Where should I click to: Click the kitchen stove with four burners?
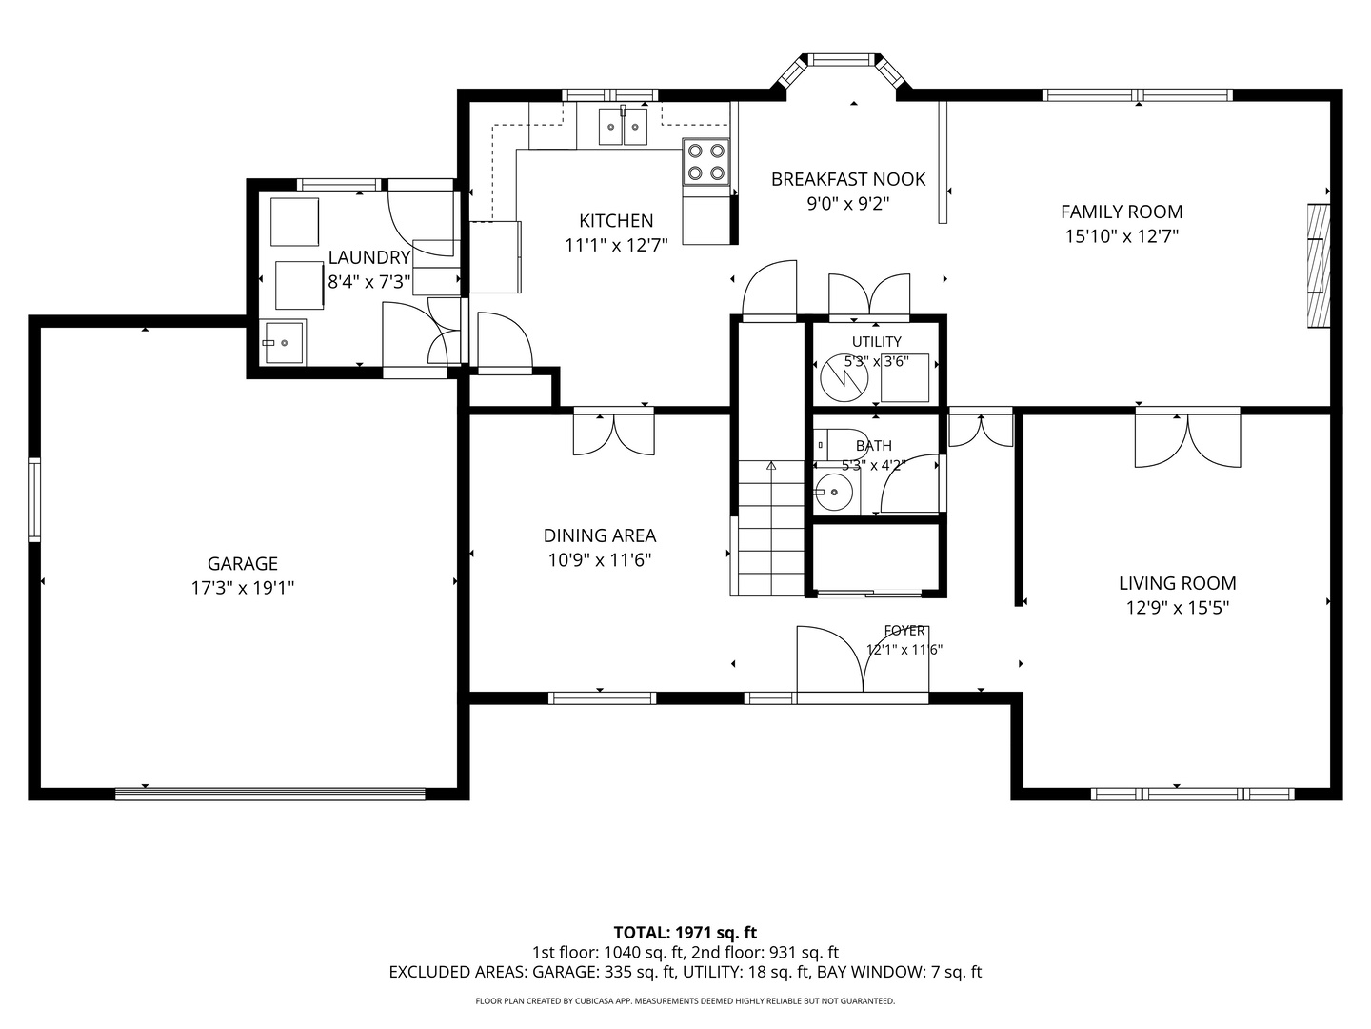705,162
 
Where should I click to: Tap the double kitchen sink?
623,126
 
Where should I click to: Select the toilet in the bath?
841,445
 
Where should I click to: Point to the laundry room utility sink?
285,342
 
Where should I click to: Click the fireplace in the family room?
1319,266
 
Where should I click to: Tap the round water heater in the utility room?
844,378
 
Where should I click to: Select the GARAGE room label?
243,563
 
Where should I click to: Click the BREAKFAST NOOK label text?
847,179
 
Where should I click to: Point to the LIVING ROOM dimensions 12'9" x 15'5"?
1178,608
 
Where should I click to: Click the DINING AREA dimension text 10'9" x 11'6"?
600,560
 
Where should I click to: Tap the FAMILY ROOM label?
1122,212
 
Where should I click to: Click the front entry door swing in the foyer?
863,659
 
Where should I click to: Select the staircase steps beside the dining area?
771,528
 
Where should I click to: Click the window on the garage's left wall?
34,500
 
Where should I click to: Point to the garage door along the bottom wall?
269,794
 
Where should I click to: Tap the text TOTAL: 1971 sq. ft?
685,933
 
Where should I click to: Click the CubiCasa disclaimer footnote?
685,1000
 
